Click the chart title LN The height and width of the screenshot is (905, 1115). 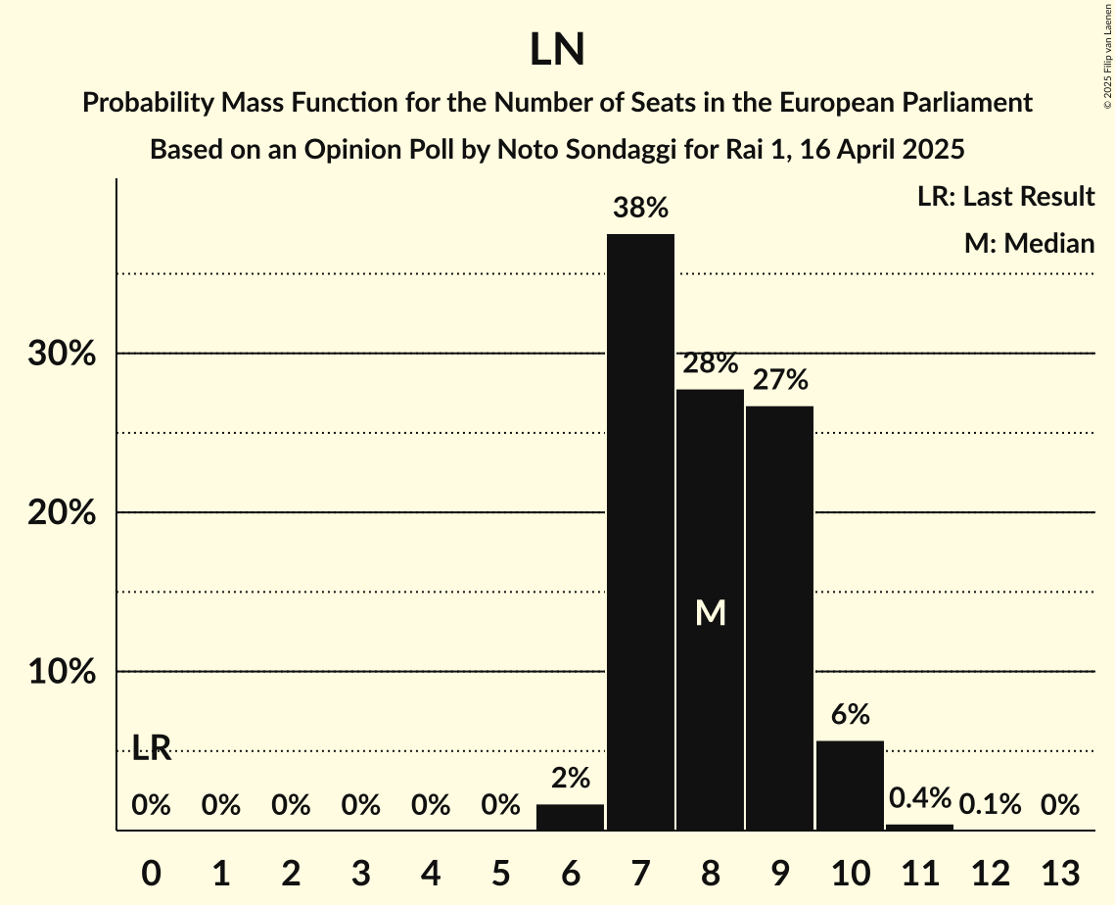click(x=557, y=50)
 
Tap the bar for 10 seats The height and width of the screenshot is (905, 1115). click(x=850, y=786)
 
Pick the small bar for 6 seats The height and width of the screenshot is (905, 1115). click(x=571, y=817)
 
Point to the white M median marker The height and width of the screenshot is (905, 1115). click(x=710, y=613)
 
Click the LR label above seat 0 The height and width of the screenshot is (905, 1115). click(x=152, y=749)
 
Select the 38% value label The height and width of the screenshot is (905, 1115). click(x=640, y=208)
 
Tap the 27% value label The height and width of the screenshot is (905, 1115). click(x=779, y=379)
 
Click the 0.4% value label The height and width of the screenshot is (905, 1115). click(x=919, y=798)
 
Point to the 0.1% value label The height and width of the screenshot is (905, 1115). click(x=990, y=805)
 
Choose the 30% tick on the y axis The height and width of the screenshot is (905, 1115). click(x=62, y=354)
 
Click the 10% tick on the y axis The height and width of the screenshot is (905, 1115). click(x=62, y=672)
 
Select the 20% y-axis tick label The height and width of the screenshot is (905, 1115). click(x=62, y=513)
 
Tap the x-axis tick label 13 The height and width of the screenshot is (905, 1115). click(x=1059, y=871)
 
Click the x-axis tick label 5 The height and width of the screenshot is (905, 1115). click(x=501, y=871)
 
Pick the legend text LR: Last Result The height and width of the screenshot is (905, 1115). click(x=1005, y=197)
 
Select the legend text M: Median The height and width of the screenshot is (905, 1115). click(x=1029, y=243)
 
